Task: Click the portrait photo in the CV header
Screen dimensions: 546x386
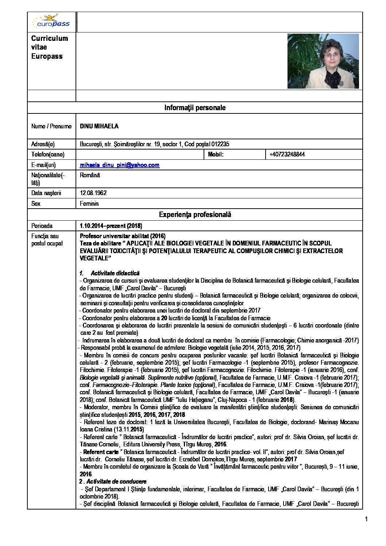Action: (323, 61)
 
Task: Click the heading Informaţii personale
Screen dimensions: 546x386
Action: (195, 108)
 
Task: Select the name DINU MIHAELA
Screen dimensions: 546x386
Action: (99, 126)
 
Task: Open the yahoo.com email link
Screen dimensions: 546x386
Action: (120, 165)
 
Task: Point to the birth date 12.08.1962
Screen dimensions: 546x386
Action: (93, 193)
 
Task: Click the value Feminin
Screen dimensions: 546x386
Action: (89, 204)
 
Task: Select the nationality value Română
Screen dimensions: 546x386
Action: (90, 175)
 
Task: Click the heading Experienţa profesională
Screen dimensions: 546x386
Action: (195, 214)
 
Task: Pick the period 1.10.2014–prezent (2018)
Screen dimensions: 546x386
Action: (111, 226)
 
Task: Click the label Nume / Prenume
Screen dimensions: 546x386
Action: (51, 126)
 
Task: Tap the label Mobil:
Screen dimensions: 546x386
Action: (216, 154)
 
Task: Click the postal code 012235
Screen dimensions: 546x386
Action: (220, 144)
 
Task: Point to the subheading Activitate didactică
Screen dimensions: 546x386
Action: (115, 273)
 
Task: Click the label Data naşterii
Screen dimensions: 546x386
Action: (46, 193)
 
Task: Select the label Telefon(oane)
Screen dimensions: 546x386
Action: (48, 154)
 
